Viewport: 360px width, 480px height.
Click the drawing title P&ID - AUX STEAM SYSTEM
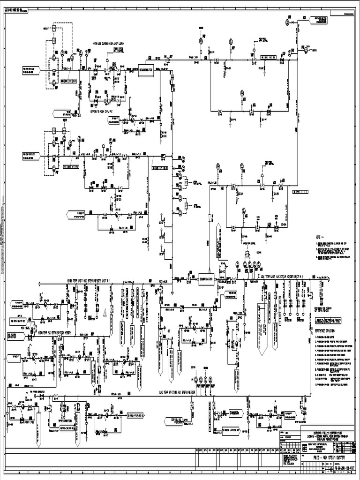(323, 456)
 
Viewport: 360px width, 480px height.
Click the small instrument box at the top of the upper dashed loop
(54, 29)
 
